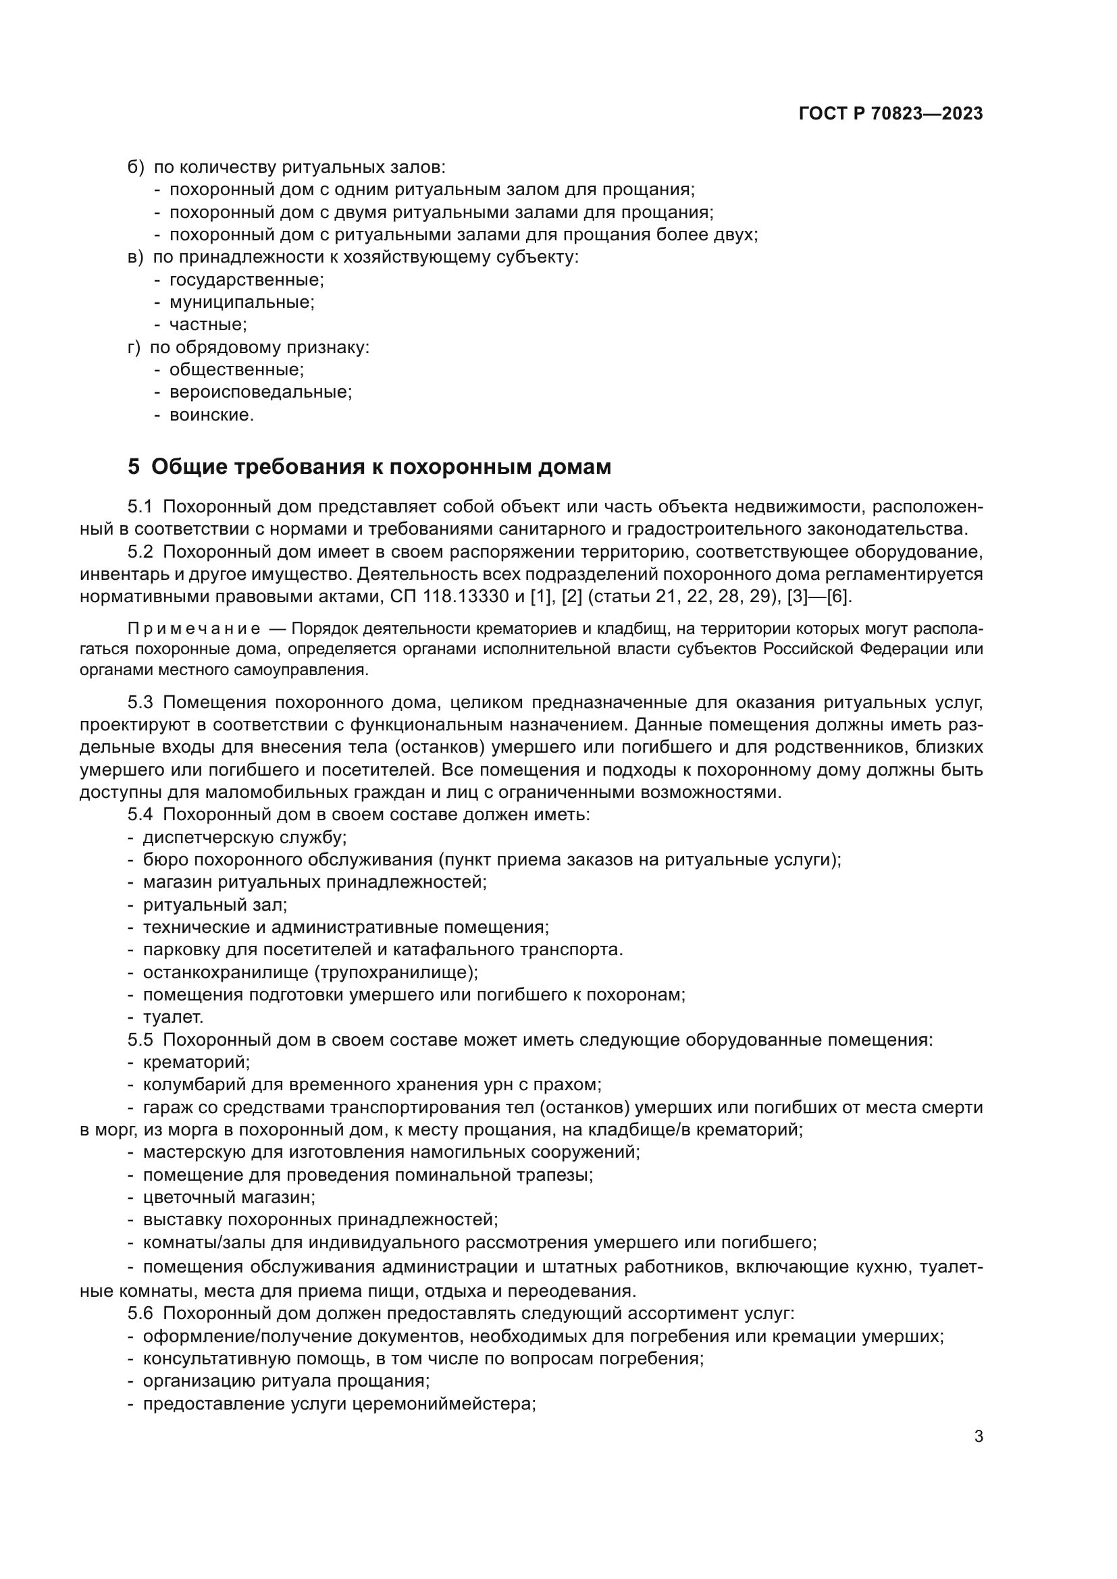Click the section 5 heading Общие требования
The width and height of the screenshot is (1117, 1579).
tap(369, 467)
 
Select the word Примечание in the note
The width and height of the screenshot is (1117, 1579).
tap(193, 629)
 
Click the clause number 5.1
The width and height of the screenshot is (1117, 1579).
tap(139, 507)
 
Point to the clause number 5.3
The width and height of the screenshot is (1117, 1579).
tap(139, 702)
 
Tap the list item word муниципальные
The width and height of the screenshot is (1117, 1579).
tap(241, 302)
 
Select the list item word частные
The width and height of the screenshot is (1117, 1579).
tap(208, 325)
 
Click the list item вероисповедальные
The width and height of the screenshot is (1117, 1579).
tap(260, 392)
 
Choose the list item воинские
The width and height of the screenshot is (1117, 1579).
tap(211, 414)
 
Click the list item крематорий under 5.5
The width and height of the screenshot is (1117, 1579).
tap(196, 1062)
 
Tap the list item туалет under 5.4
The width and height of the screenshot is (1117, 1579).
tap(173, 1017)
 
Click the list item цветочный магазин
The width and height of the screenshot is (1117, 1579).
tap(228, 1197)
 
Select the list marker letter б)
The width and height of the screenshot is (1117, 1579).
tap(136, 167)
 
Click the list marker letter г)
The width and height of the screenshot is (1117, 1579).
tap(134, 347)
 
